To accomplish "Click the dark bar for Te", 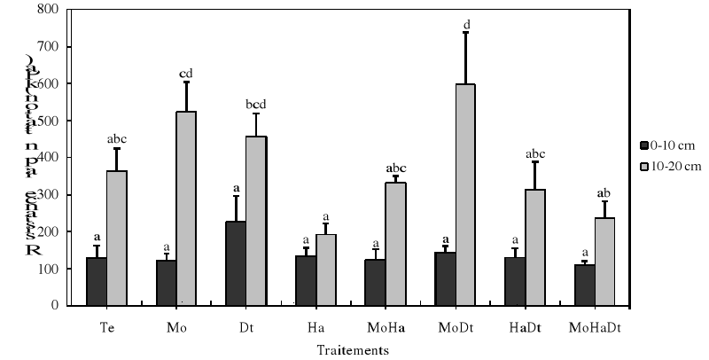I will click(x=96, y=281).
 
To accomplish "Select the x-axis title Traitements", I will click(x=354, y=350).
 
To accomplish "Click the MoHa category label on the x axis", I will click(x=386, y=327).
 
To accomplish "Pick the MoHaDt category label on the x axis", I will click(x=593, y=327).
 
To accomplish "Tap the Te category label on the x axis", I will click(x=106, y=327).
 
